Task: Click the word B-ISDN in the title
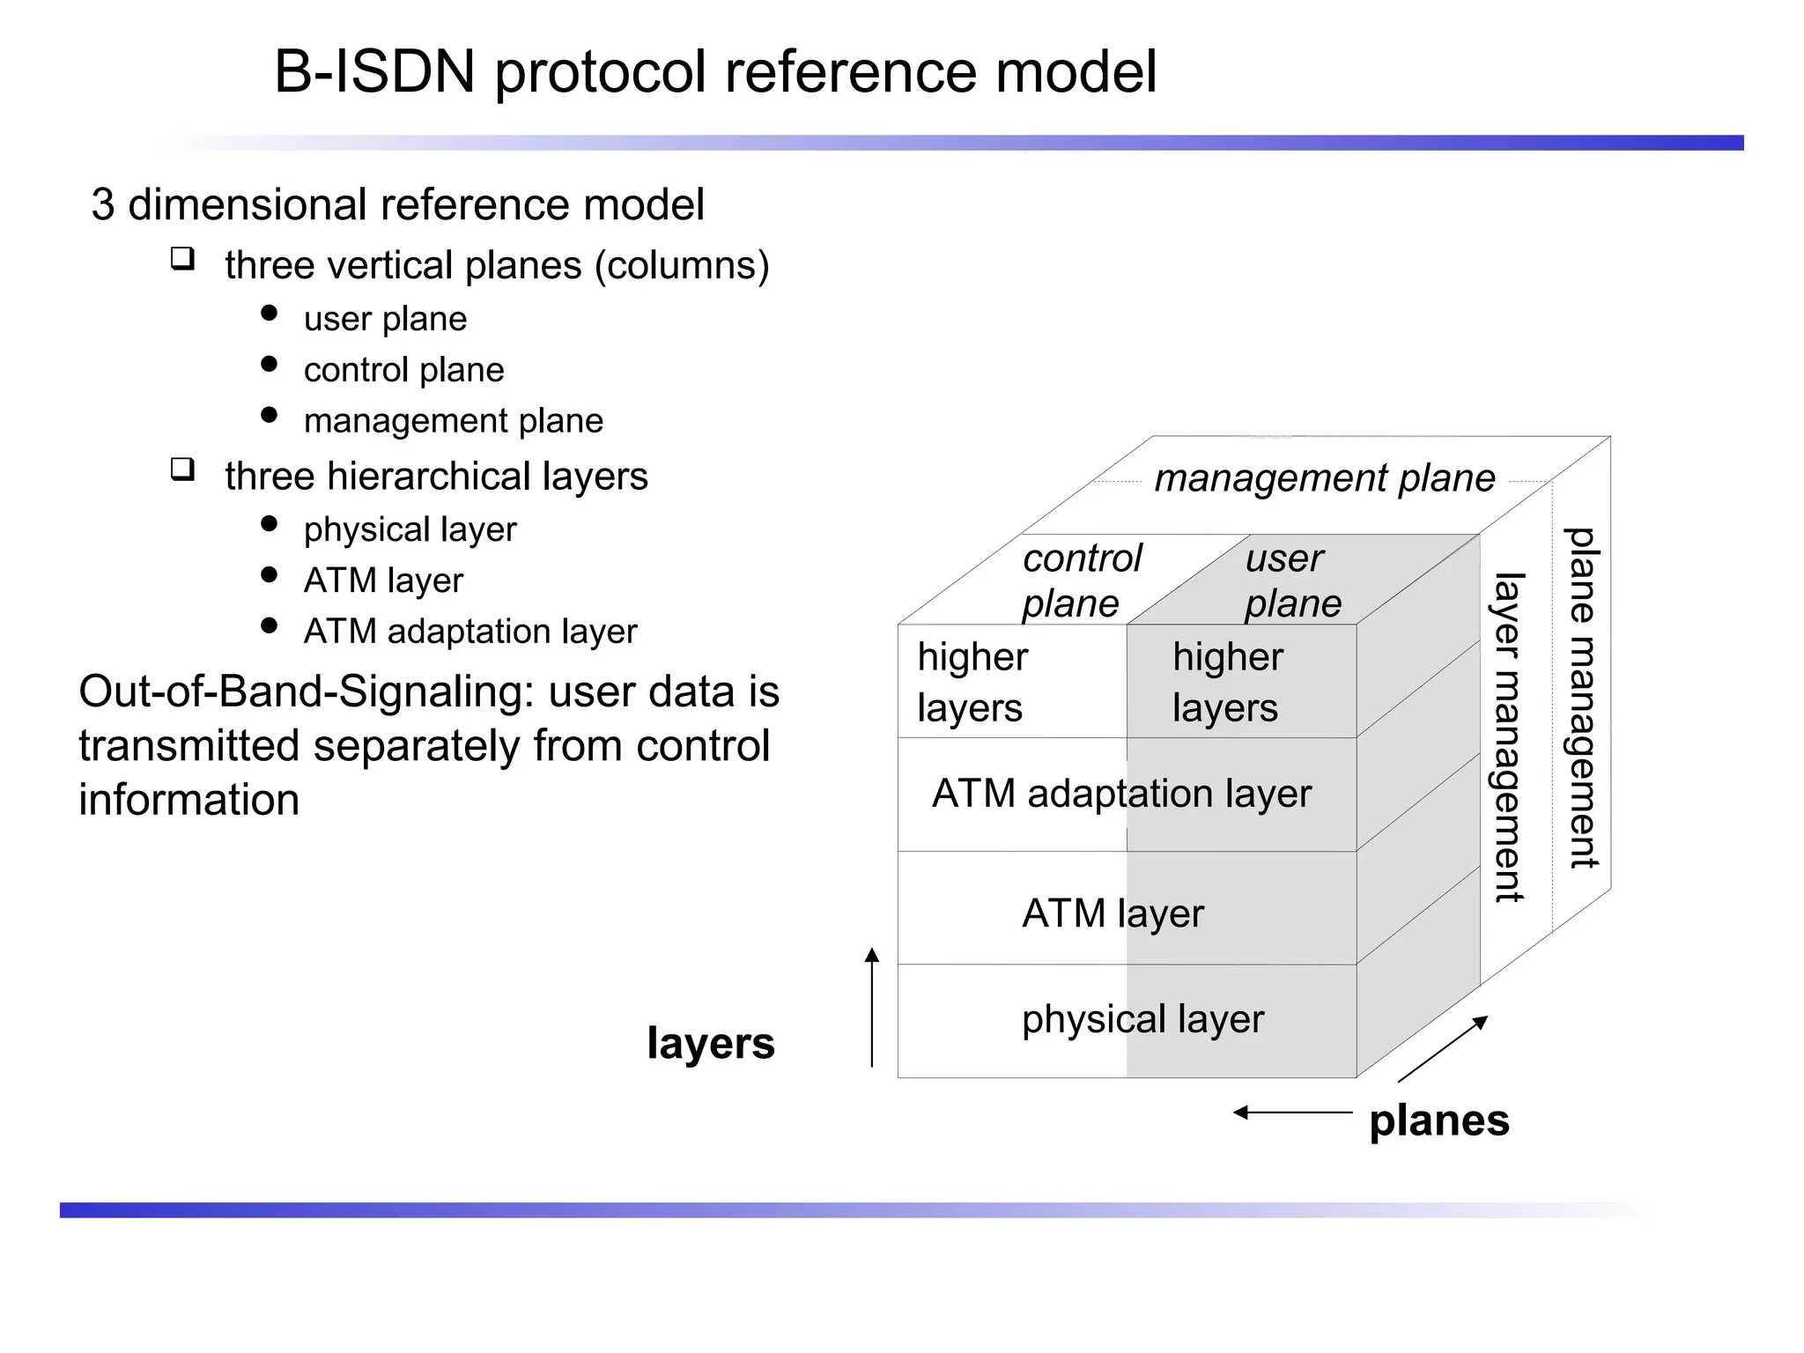[374, 72]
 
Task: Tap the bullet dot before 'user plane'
[270, 314]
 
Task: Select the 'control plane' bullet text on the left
[403, 370]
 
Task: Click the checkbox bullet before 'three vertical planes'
[182, 259]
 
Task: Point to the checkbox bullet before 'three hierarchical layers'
[182, 469]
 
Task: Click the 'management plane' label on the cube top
[1324, 478]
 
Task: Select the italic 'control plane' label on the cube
[1081, 580]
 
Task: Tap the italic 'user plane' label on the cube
[1292, 580]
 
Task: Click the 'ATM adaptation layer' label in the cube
[1121, 794]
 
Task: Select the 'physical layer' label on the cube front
[1142, 1019]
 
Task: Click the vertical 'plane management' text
[1582, 698]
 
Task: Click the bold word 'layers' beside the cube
[710, 1044]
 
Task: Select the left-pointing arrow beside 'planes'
[1291, 1113]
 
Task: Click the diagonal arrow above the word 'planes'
[1443, 1048]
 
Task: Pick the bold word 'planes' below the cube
[1438, 1121]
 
